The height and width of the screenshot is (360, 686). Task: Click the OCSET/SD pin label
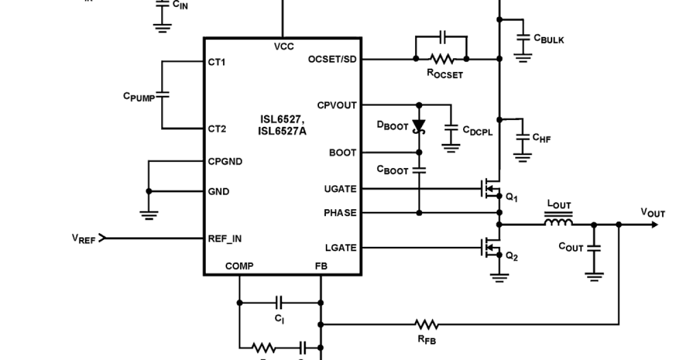(x=332, y=59)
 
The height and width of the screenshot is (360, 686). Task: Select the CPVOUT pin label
(x=337, y=106)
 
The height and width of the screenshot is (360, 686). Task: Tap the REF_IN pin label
(x=225, y=239)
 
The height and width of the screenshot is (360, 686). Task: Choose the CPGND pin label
(x=225, y=162)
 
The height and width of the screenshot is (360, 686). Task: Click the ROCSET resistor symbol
(x=441, y=58)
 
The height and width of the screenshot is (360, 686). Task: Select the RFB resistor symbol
(x=426, y=325)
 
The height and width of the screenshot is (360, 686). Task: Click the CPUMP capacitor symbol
(x=162, y=95)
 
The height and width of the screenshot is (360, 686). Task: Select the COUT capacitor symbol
(x=595, y=248)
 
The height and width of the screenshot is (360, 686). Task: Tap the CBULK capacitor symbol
(x=523, y=38)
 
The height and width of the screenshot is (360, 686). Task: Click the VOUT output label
(x=652, y=213)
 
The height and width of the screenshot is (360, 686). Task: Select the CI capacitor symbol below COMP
(x=280, y=302)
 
